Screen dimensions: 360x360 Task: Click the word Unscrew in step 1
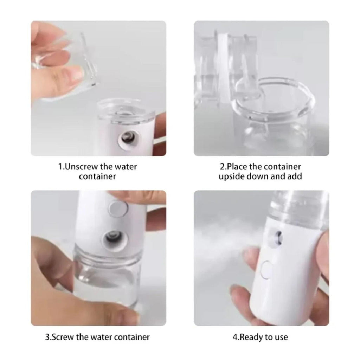(x=82, y=167)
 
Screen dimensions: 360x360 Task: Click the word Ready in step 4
(x=250, y=337)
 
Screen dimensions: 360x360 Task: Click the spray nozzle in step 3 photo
(x=113, y=240)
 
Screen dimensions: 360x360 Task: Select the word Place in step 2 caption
(x=237, y=167)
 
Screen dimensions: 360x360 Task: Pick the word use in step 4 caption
(x=282, y=337)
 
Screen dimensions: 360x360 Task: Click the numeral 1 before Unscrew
(x=60, y=167)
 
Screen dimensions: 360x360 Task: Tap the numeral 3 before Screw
(x=47, y=337)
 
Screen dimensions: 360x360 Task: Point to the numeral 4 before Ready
(x=234, y=337)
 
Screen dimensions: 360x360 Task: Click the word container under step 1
(x=97, y=176)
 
